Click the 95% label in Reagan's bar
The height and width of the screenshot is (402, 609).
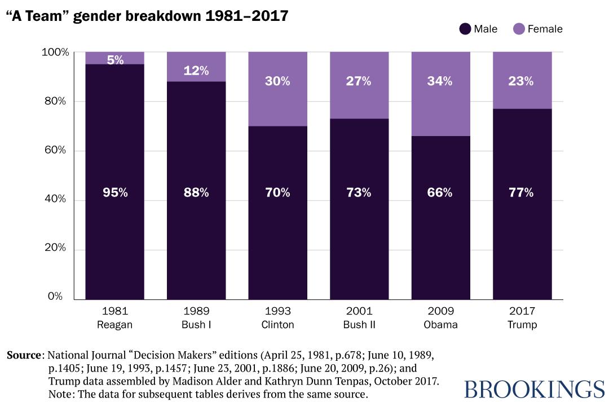coord(115,193)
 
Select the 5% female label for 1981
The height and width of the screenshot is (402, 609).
coord(115,59)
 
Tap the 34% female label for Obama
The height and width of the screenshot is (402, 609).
coord(440,81)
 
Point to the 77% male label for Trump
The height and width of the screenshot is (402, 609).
coord(522,193)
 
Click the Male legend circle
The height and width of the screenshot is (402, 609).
coord(465,29)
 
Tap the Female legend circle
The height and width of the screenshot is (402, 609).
coord(519,29)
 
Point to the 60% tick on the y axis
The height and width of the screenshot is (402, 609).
coord(55,150)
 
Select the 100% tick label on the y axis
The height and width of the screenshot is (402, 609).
coord(55,53)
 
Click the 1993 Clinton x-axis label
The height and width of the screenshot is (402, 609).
coord(277,318)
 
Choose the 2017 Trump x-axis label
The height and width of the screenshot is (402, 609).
coord(522,318)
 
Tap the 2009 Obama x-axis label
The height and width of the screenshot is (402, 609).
coord(440,318)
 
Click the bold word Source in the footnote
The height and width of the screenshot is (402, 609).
coord(24,356)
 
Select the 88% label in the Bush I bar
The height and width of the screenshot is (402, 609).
coord(196,193)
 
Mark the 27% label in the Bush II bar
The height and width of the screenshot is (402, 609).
coord(359,81)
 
